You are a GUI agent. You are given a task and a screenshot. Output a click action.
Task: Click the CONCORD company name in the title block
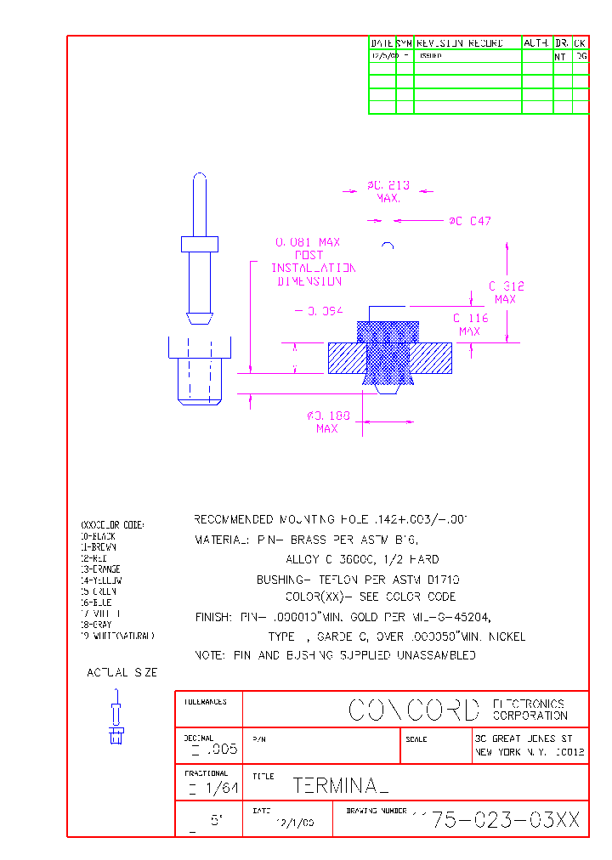point(414,710)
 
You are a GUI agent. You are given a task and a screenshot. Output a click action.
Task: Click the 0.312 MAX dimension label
point(506,292)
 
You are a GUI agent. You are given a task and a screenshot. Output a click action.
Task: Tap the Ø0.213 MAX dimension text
point(388,191)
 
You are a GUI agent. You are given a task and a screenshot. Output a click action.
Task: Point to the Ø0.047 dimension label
point(470,222)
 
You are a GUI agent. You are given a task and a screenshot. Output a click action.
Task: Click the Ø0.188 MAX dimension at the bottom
point(327,422)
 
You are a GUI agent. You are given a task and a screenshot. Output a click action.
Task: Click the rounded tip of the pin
point(200,178)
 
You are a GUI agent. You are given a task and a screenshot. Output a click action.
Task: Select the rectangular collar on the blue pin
point(200,244)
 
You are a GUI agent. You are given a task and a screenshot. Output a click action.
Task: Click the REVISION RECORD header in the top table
point(460,42)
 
